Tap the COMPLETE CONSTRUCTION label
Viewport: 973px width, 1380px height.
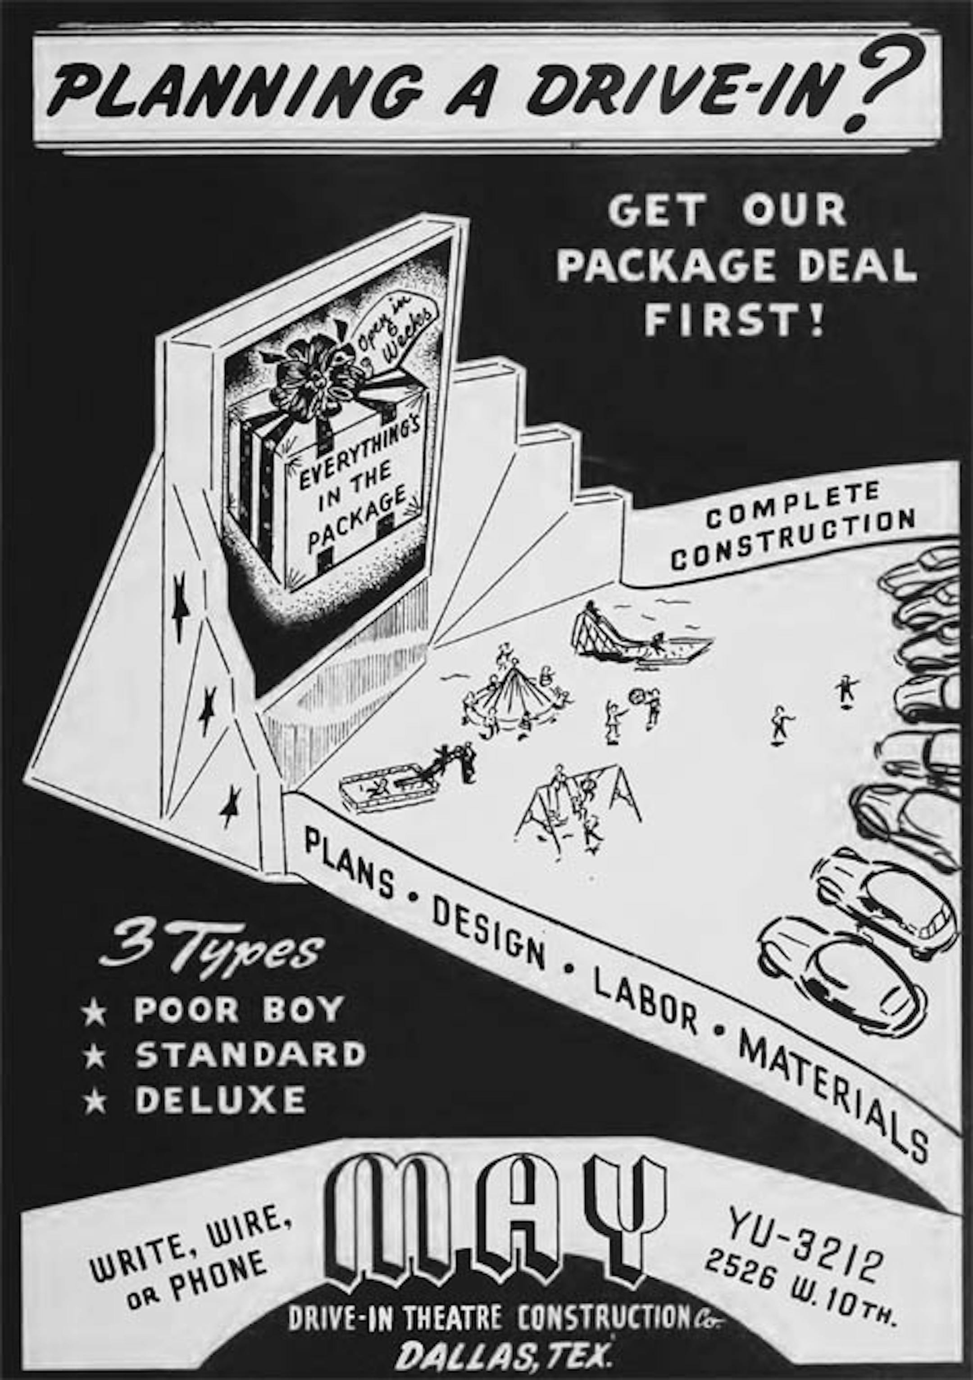pos(793,527)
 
